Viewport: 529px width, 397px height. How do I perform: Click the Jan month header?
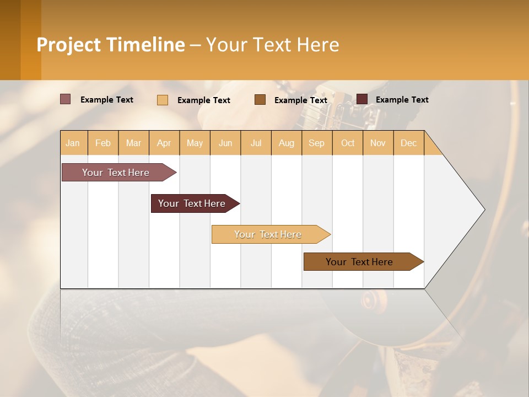(x=73, y=143)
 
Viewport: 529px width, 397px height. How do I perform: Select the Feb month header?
(x=103, y=143)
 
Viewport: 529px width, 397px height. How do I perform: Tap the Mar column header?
(x=133, y=143)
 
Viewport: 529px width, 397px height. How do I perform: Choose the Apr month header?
(x=164, y=143)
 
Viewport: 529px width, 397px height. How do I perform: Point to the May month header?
(x=195, y=143)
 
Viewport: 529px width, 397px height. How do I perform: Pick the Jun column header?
(x=225, y=143)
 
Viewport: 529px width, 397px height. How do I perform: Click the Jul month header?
(x=256, y=143)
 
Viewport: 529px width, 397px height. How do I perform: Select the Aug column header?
(x=287, y=143)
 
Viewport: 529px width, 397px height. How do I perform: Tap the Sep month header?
(x=317, y=143)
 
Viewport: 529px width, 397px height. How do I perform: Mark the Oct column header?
(x=348, y=143)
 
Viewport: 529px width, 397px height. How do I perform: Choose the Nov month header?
(x=378, y=143)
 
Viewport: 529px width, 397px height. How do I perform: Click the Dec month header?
(x=409, y=143)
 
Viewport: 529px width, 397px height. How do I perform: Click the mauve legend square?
(x=66, y=99)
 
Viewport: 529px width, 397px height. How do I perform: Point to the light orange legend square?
(x=163, y=100)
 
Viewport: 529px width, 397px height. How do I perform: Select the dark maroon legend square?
(x=362, y=99)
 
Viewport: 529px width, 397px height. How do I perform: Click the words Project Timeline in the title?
(x=111, y=45)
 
